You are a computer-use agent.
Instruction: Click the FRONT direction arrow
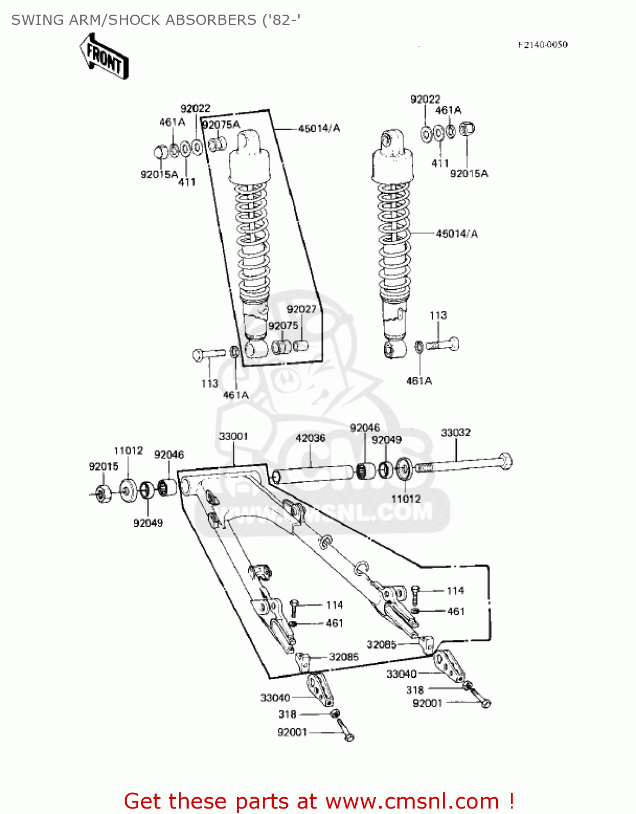click(x=104, y=56)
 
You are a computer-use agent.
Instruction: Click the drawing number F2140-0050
click(x=542, y=44)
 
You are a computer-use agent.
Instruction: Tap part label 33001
click(x=233, y=436)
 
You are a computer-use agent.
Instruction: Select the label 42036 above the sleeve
click(x=310, y=438)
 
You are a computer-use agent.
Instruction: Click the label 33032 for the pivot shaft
click(x=455, y=433)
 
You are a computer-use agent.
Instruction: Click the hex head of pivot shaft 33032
click(x=505, y=461)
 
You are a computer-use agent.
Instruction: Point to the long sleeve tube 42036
click(x=314, y=474)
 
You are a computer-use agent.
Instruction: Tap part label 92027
click(x=301, y=309)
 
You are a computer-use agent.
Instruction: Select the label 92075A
click(x=221, y=125)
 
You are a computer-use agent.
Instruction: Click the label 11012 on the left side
click(x=128, y=450)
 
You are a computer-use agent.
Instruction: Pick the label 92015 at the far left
click(x=104, y=467)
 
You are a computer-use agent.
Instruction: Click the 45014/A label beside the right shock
click(x=457, y=234)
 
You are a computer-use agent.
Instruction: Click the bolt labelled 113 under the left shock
click(x=208, y=354)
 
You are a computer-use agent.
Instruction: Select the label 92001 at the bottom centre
click(x=292, y=732)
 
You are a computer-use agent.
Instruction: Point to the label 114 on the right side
click(x=455, y=590)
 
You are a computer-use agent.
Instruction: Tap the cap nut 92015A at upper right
click(x=466, y=129)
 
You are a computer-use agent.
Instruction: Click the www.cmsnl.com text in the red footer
click(x=412, y=801)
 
